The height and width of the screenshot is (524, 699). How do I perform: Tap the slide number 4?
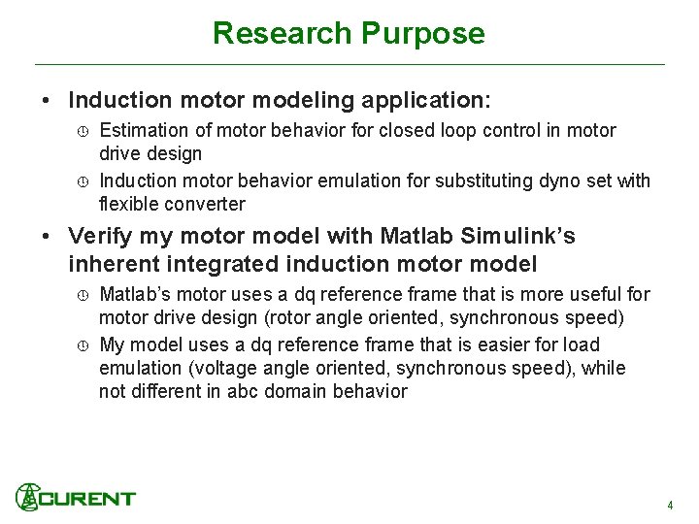(x=670, y=506)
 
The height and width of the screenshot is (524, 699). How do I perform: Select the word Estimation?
(x=144, y=130)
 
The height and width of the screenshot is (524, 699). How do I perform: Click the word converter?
(x=205, y=204)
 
